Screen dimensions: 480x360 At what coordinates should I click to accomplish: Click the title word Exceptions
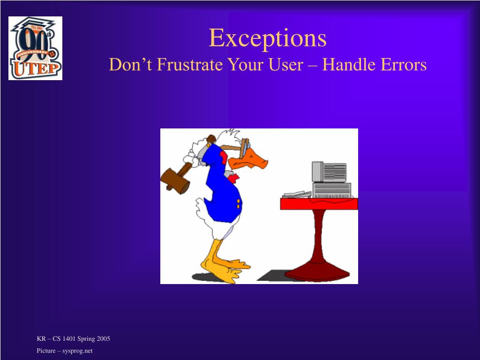pyautogui.click(x=268, y=38)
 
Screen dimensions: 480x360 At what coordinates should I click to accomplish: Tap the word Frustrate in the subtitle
pyautogui.click(x=189, y=65)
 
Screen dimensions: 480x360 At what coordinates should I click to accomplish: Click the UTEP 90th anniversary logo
pyautogui.click(x=35, y=48)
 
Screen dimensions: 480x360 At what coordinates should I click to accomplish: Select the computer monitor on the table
pyautogui.click(x=329, y=172)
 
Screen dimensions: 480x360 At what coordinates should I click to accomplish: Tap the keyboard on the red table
pyautogui.click(x=297, y=195)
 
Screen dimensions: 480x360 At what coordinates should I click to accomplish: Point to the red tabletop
pyautogui.click(x=319, y=204)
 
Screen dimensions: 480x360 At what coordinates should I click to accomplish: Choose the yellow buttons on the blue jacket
pyautogui.click(x=238, y=204)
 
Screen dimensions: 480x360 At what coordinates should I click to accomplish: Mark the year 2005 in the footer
pyautogui.click(x=103, y=338)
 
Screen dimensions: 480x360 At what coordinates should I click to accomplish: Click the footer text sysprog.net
pyautogui.click(x=77, y=351)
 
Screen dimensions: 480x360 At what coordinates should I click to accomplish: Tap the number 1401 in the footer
pyautogui.click(x=69, y=338)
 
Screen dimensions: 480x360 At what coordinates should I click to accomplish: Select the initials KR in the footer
pyautogui.click(x=41, y=338)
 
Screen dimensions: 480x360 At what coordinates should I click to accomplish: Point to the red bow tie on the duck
pyautogui.click(x=233, y=178)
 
